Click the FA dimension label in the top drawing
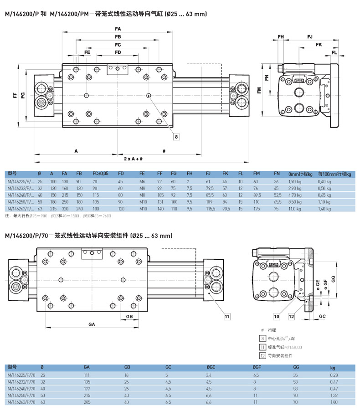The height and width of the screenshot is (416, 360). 118,29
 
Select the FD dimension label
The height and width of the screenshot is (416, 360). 118,53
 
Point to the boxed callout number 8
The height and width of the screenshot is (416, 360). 177,136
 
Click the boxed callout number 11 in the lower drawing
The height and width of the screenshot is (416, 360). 227,315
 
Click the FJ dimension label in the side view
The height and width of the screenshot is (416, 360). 310,36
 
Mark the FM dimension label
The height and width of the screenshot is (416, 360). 259,91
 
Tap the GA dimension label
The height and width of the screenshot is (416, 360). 91,324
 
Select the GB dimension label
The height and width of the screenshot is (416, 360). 129,316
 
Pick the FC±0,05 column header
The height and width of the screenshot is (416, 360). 101,174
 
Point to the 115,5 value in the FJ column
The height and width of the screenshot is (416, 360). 210,208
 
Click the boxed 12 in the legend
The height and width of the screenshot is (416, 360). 262,355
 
